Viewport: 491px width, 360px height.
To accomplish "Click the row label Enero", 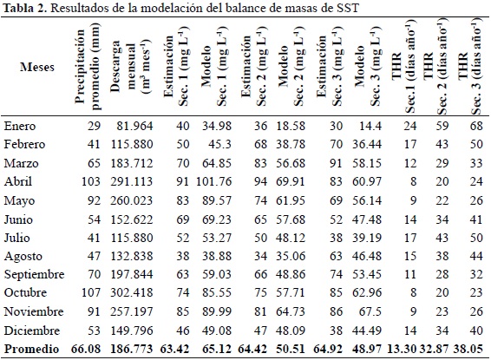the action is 20,126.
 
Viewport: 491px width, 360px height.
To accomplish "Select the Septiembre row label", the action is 34,274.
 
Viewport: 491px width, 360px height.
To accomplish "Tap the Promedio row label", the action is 31,349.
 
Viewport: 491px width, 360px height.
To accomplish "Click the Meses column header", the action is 37,67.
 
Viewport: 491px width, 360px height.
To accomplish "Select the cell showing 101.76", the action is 214,181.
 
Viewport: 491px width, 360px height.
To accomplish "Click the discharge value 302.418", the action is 132,292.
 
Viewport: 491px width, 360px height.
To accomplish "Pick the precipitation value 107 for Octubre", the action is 91,292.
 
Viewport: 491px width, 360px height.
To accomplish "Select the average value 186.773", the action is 132,349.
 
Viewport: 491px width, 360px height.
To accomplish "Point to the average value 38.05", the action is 468,349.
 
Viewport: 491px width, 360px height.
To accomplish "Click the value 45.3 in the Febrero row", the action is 219,144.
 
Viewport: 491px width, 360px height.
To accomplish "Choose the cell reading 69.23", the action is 217,219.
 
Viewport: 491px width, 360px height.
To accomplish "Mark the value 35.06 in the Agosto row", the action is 291,256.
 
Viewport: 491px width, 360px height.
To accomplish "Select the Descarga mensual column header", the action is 130,68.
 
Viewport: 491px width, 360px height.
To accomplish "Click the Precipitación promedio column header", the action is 88,66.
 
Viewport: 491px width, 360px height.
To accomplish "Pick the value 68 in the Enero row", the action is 476,126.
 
